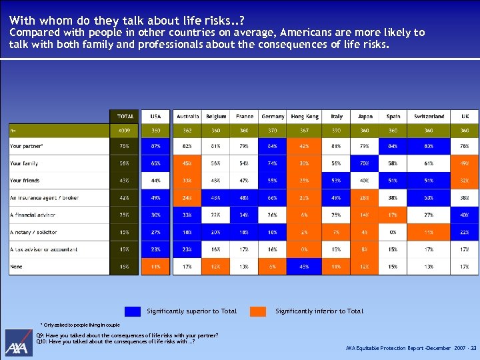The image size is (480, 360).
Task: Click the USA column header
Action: tap(155, 117)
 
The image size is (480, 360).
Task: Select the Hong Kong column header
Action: tap(305, 117)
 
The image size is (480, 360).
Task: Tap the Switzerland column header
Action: tap(429, 117)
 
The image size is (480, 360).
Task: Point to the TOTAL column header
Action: tap(124, 117)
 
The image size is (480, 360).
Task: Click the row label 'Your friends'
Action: tap(25, 181)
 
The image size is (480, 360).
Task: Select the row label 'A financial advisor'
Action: tap(33, 215)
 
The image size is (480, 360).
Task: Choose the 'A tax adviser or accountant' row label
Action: tap(43, 249)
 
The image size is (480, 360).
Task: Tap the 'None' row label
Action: tap(16, 267)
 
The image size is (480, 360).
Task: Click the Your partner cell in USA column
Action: tap(155, 146)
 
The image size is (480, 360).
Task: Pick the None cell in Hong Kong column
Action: tap(305, 267)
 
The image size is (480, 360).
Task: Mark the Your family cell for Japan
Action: tap(365, 163)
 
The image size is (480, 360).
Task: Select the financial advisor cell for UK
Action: tap(465, 215)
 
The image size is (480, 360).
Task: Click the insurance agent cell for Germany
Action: tap(273, 198)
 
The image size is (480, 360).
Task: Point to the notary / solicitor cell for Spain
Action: tap(393, 233)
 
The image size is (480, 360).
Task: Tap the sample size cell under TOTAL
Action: tap(124, 131)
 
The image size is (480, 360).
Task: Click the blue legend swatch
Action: tap(133, 311)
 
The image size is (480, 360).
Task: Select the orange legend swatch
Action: tap(258, 311)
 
